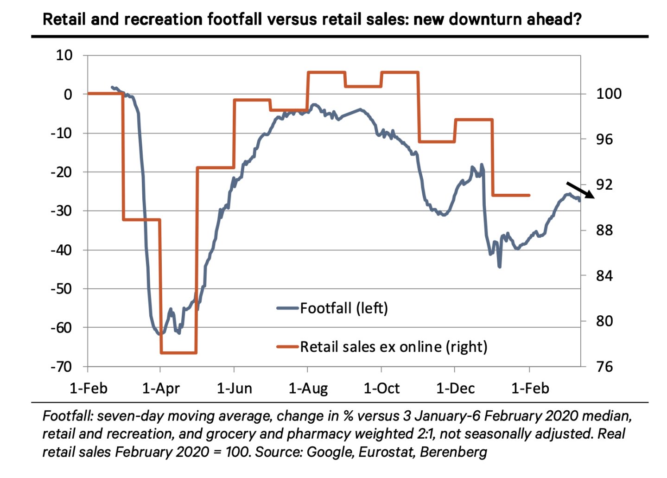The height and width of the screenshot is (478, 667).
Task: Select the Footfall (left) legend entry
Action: (343, 308)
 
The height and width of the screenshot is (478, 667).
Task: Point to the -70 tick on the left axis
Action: (62, 367)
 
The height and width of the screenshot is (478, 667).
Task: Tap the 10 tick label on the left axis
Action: (64, 55)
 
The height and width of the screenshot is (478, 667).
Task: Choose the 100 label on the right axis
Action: (608, 94)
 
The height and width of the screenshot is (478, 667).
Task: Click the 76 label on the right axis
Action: (604, 367)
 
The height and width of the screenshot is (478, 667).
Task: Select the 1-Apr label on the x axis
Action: (161, 388)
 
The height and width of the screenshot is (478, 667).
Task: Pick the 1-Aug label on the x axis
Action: (308, 388)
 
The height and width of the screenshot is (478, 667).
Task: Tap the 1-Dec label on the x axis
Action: (456, 388)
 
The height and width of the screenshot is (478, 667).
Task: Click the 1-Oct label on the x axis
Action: (381, 388)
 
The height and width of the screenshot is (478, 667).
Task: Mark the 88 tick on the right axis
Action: (604, 230)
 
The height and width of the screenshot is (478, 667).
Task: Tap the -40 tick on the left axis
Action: (62, 250)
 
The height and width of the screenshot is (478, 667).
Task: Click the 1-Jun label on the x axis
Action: (235, 388)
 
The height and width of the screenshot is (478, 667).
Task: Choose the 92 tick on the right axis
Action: (604, 185)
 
